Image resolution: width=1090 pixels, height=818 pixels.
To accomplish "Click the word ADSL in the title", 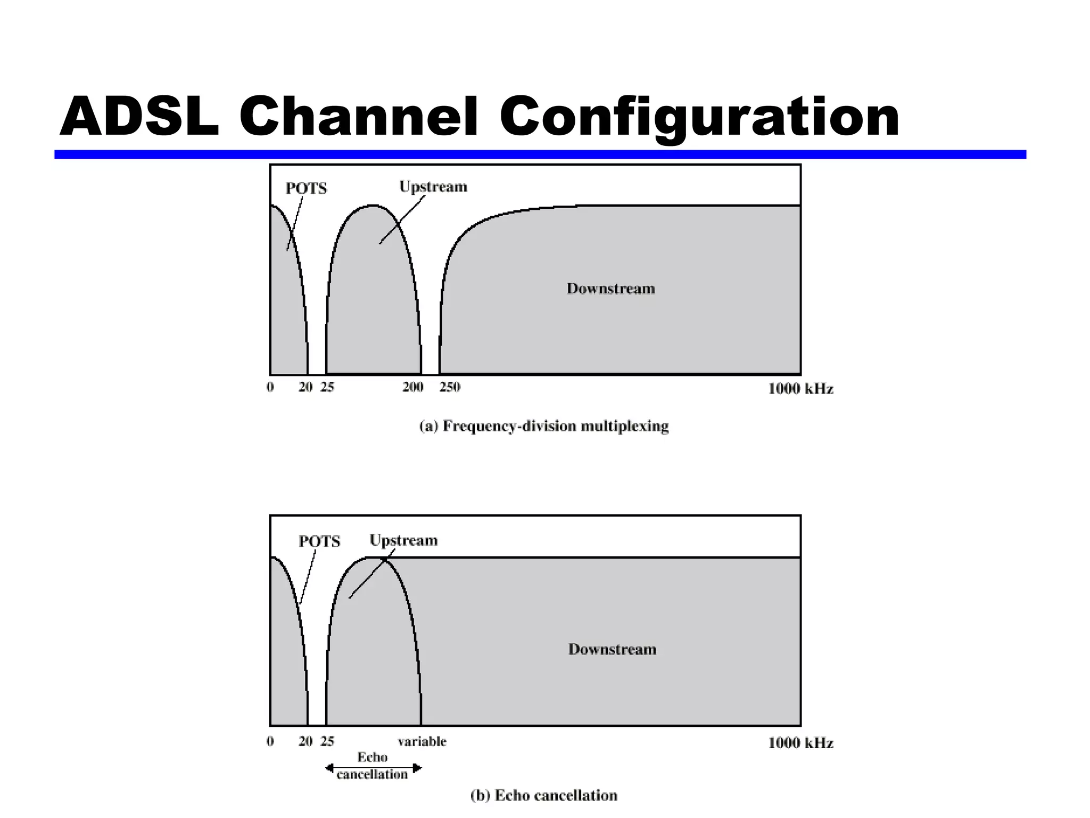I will [139, 117].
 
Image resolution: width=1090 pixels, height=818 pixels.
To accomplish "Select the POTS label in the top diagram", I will [306, 189].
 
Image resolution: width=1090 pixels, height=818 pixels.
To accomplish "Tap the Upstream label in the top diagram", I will [433, 187].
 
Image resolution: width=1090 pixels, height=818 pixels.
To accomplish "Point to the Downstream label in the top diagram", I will [610, 289].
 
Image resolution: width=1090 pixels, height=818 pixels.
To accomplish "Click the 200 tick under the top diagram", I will [413, 387].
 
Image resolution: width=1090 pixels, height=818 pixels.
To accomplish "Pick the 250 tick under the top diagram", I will [450, 387].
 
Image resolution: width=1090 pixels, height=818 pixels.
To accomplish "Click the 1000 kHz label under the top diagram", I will [800, 389].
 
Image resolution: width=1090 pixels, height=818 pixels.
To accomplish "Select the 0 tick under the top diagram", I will [270, 387].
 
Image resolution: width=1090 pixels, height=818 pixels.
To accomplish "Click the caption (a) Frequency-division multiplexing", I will [544, 426].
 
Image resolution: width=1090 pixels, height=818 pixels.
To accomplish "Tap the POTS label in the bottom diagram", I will [319, 542].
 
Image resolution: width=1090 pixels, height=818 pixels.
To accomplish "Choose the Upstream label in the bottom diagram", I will [403, 541].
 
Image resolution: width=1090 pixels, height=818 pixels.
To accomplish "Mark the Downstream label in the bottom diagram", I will [612, 649].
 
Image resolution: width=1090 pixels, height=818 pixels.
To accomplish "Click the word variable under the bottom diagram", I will [422, 741].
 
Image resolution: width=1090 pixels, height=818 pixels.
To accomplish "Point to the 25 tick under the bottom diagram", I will [327, 741].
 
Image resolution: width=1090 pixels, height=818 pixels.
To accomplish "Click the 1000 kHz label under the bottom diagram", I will [800, 743].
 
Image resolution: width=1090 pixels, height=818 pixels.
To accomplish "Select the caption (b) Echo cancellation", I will [544, 796].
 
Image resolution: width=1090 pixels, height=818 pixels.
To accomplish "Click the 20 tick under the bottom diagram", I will [305, 741].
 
